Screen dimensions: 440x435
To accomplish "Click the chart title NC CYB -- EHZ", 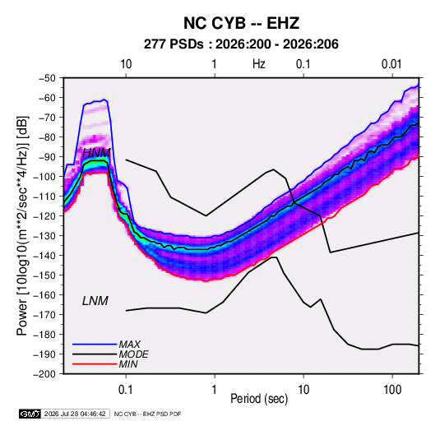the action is [x=241, y=23].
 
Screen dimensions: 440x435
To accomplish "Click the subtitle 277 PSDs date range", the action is [x=241, y=44].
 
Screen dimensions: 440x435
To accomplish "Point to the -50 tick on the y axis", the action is [x=47, y=78].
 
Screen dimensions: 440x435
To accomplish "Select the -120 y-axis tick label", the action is [x=44, y=215].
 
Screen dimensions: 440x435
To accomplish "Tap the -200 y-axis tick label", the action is [x=44, y=374].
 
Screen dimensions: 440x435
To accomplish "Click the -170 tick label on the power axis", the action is [x=44, y=315].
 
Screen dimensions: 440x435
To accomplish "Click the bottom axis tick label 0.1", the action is [x=126, y=390].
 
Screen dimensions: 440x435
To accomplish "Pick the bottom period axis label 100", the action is [x=392, y=390].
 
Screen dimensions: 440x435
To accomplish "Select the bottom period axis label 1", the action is [x=215, y=390].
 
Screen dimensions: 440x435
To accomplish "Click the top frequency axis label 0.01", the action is [x=391, y=64].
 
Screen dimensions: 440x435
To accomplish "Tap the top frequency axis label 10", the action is [x=126, y=64].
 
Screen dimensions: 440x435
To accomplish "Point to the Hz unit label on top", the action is [x=259, y=64].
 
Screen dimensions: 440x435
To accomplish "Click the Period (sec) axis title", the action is [x=259, y=399].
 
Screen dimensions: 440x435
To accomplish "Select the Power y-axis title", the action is [x=22, y=225].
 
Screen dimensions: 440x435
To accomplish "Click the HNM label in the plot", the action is [x=96, y=153].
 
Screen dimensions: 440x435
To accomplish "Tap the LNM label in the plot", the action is [x=95, y=301].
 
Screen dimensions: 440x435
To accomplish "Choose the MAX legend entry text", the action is [x=130, y=344].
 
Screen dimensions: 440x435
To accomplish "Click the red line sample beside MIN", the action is [x=95, y=364].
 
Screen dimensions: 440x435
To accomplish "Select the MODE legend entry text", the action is [x=133, y=354].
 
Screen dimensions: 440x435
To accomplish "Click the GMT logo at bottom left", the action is [x=30, y=414].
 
